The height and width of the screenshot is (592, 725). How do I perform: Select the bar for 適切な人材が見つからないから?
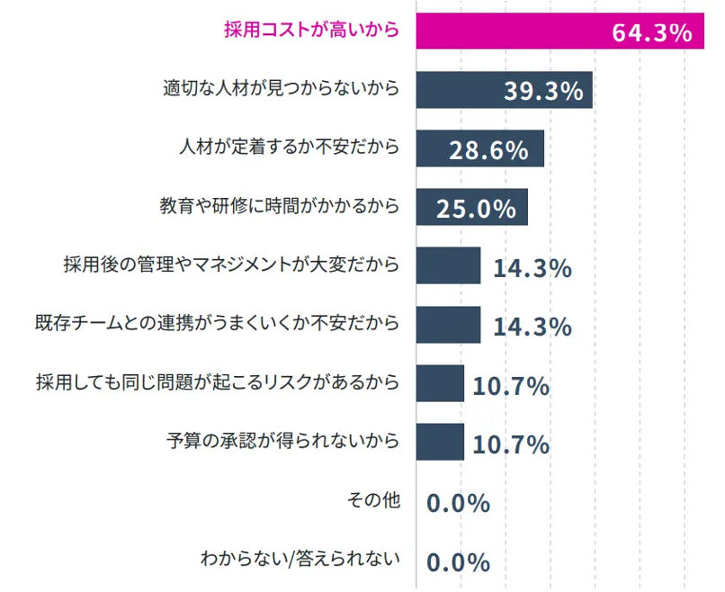click(x=459, y=90)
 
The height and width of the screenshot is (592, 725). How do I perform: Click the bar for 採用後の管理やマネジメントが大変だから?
click(x=448, y=265)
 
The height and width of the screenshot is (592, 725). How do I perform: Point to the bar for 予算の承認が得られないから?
click(x=440, y=442)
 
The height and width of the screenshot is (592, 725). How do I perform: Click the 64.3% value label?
click(x=651, y=33)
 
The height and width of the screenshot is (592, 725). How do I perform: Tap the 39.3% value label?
click(x=543, y=92)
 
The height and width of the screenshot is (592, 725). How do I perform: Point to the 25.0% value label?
click(x=476, y=209)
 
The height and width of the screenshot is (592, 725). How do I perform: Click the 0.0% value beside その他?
click(x=458, y=503)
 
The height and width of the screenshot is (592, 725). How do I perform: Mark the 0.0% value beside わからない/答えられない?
click(x=458, y=562)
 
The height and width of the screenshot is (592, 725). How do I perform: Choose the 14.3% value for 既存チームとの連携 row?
click(x=532, y=327)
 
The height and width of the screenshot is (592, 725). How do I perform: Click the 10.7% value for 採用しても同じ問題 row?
click(x=511, y=386)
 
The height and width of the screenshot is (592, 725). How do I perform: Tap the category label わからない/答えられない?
click(x=300, y=560)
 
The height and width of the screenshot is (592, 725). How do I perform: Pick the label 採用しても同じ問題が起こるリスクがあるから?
click(x=217, y=382)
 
